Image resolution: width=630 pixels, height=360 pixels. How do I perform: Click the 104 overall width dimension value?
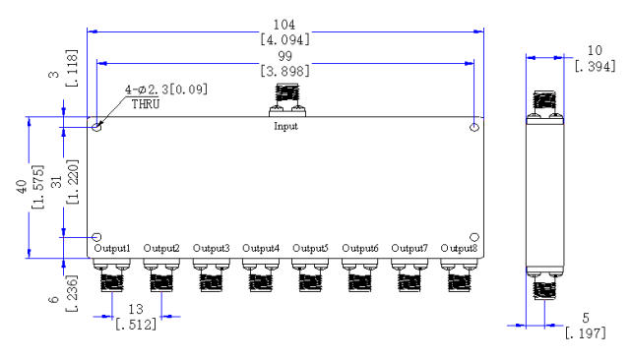(x=284, y=25)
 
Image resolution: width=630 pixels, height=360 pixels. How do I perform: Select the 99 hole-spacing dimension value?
(x=284, y=56)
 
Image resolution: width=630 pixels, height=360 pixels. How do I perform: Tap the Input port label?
(x=285, y=126)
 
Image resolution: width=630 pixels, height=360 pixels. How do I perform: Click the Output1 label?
(x=112, y=249)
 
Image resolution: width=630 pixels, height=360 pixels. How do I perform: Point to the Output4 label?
(x=261, y=249)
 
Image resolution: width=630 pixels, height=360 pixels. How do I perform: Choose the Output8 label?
(x=460, y=249)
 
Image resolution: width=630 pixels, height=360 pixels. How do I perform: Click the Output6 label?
(x=360, y=249)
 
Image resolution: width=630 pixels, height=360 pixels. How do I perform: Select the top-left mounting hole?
(x=96, y=127)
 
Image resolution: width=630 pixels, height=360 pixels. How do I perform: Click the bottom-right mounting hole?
(x=474, y=237)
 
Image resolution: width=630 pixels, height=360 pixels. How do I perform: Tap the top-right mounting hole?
(x=474, y=127)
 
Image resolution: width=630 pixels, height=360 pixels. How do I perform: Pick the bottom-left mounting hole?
(x=96, y=237)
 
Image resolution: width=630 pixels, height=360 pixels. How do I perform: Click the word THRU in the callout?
(x=146, y=104)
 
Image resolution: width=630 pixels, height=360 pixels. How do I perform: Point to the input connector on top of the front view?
(x=287, y=100)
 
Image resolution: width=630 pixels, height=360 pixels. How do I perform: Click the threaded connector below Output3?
(x=211, y=275)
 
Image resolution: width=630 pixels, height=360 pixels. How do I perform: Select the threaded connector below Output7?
(x=409, y=275)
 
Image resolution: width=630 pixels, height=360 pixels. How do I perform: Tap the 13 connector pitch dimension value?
(x=136, y=310)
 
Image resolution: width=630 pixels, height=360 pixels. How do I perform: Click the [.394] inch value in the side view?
(x=595, y=66)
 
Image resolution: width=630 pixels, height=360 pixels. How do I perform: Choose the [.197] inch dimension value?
(x=585, y=333)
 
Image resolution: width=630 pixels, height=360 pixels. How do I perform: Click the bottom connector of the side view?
(x=544, y=283)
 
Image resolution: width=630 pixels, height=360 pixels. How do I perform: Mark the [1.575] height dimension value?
(x=37, y=187)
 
